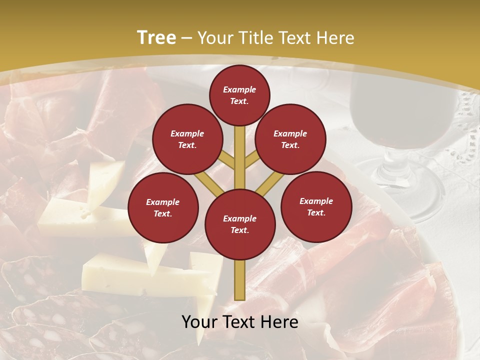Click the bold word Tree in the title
(156, 37)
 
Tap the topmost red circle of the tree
(239, 95)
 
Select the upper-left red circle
(187, 139)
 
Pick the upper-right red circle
(290, 139)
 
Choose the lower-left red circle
(163, 207)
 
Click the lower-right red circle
(316, 206)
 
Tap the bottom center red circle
(240, 224)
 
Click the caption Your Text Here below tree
(240, 321)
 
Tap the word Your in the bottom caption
(199, 321)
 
